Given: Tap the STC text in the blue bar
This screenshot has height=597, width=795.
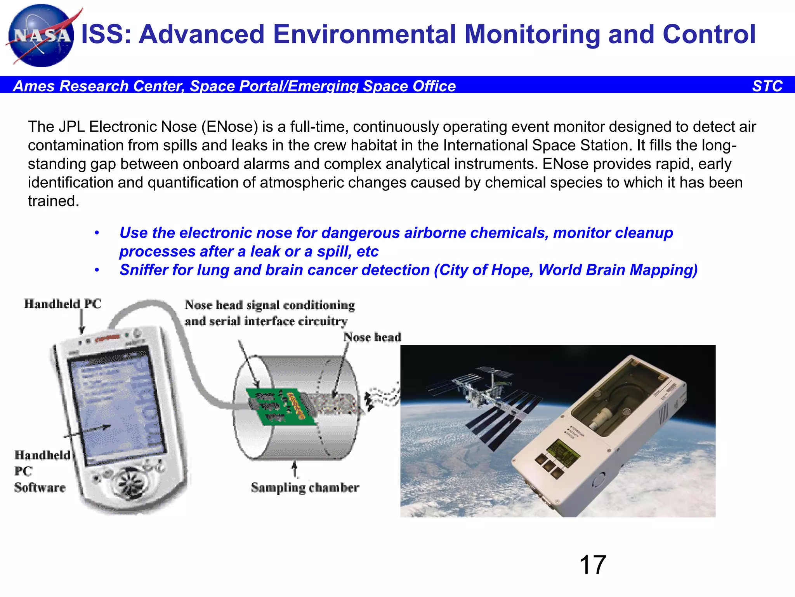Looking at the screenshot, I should click(x=767, y=86).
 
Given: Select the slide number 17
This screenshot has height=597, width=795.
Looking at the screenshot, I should click(x=592, y=565).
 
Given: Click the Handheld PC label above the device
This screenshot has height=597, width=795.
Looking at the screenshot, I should click(x=62, y=304).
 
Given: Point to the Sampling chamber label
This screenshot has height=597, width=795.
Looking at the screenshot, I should click(x=305, y=487).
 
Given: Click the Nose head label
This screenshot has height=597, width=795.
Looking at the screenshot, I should click(x=372, y=337).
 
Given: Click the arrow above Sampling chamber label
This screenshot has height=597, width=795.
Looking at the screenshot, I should click(x=295, y=468).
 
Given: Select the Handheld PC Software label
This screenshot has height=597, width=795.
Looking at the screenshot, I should click(x=41, y=471).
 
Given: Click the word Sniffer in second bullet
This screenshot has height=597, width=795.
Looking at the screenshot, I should click(x=144, y=270).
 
